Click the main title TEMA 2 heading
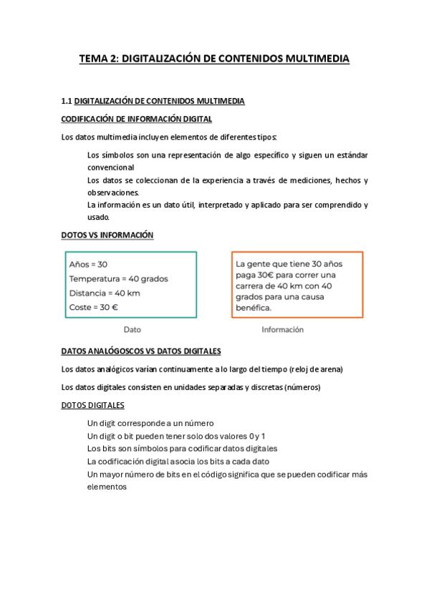[x=214, y=59]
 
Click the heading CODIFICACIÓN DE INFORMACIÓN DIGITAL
[x=136, y=119]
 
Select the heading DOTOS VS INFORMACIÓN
[x=107, y=235]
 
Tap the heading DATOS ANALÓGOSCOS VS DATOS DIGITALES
[x=141, y=351]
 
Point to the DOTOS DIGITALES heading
[x=95, y=406]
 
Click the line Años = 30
[x=88, y=264]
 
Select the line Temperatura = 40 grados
[x=119, y=278]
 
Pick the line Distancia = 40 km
[x=105, y=293]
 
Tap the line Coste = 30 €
[x=94, y=307]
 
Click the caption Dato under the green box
[x=132, y=330]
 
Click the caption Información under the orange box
[x=282, y=330]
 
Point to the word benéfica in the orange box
[x=254, y=308]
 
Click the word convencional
[x=115, y=167]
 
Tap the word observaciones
[x=113, y=193]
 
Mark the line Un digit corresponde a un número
[x=150, y=423]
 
